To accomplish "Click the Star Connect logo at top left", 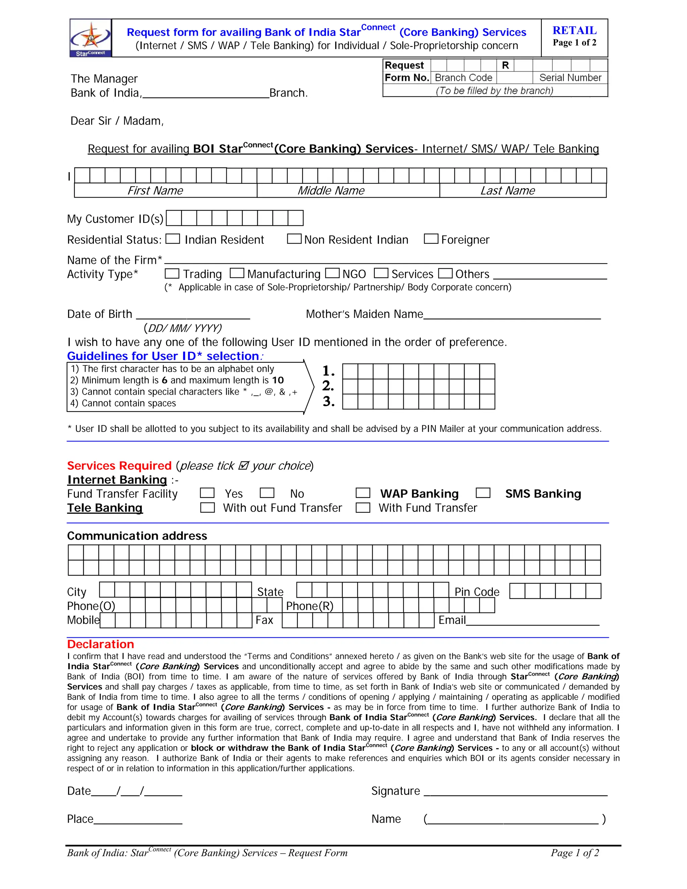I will [90, 38].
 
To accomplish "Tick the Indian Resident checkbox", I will [172, 239].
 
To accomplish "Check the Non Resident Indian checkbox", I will [294, 239].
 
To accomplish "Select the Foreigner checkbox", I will [431, 239].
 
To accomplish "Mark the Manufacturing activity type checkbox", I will [237, 273].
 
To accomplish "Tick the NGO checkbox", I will [332, 273].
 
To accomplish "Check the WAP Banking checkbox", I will [363, 493].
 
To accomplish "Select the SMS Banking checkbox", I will [483, 493].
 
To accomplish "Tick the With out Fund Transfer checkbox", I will [207, 507].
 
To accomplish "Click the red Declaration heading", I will [101, 644].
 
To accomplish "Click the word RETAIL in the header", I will [574, 31].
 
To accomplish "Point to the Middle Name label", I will [331, 191].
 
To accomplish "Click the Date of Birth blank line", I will [193, 316].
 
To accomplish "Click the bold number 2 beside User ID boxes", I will [328, 385].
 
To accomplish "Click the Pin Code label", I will [477, 592].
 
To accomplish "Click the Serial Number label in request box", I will [570, 78].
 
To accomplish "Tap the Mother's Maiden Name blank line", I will [512, 316].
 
